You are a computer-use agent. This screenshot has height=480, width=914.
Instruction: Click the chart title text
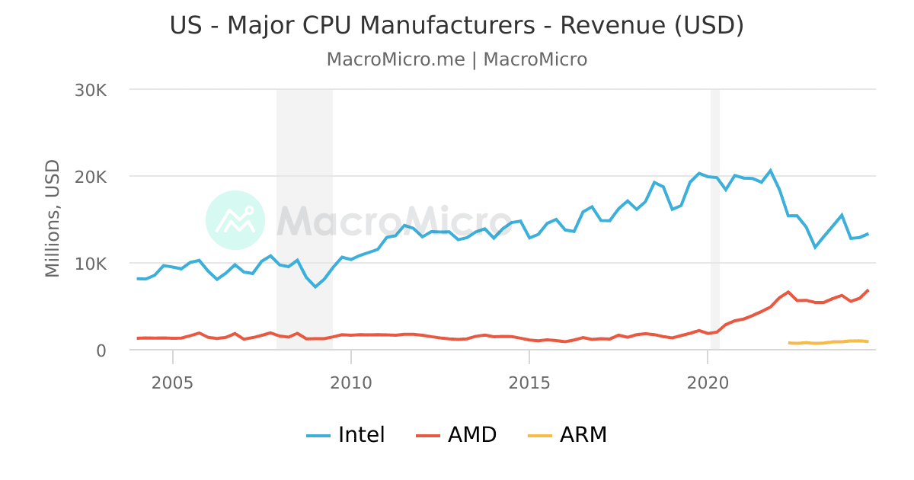456,25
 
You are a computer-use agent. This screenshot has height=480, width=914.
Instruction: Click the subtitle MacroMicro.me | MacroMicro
456,59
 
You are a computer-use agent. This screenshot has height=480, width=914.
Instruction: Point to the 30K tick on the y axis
91,90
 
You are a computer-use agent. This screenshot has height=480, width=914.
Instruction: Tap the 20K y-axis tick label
91,177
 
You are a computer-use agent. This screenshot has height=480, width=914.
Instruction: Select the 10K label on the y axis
91,264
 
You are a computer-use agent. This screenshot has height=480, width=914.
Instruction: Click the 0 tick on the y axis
101,350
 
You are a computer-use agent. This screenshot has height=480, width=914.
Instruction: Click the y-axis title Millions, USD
52,219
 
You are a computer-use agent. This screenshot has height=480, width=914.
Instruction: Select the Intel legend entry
347,435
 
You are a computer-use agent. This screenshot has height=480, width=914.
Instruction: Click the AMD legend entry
457,435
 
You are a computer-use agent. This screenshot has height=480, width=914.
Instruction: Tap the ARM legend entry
567,435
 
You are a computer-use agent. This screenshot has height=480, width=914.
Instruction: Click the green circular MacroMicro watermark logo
235,220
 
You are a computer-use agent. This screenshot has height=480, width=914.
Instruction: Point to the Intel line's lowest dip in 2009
315,286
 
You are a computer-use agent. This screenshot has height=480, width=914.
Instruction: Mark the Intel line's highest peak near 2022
770,170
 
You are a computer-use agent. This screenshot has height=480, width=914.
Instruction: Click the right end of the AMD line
868,290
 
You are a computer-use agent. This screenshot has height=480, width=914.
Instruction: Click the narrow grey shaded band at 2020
714,229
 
